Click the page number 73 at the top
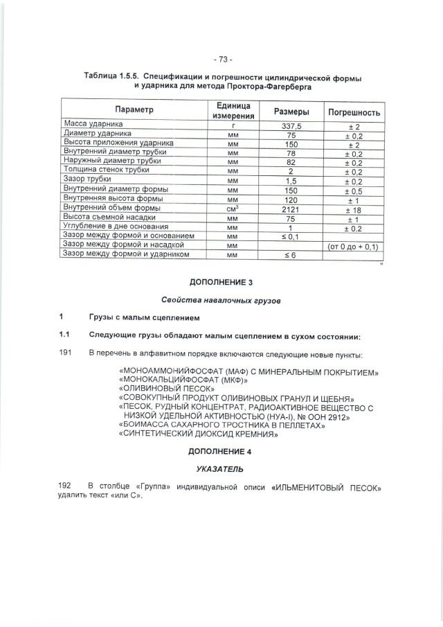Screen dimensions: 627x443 tap(223, 58)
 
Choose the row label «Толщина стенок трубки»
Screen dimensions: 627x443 tap(106, 170)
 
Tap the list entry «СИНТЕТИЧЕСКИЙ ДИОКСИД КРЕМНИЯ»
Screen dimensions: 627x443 tap(199, 434)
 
